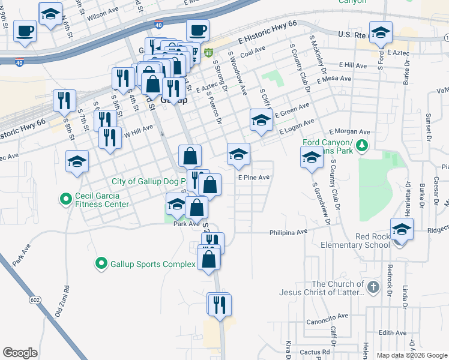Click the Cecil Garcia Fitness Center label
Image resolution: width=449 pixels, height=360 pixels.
pos(101,200)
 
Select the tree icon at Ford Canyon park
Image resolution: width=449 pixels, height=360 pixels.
pos(361,145)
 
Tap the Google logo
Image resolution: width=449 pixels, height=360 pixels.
pos(20,353)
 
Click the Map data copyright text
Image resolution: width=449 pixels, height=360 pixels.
pos(411,355)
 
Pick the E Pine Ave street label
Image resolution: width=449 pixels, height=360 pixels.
pos(253,178)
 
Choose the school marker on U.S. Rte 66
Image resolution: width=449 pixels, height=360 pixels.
pos(381,34)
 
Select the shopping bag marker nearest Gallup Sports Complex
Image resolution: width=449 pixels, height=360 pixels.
pos(208,260)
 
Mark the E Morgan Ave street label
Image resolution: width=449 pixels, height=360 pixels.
pos(349,131)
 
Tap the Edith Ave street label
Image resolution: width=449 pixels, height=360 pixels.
pos(393,333)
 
